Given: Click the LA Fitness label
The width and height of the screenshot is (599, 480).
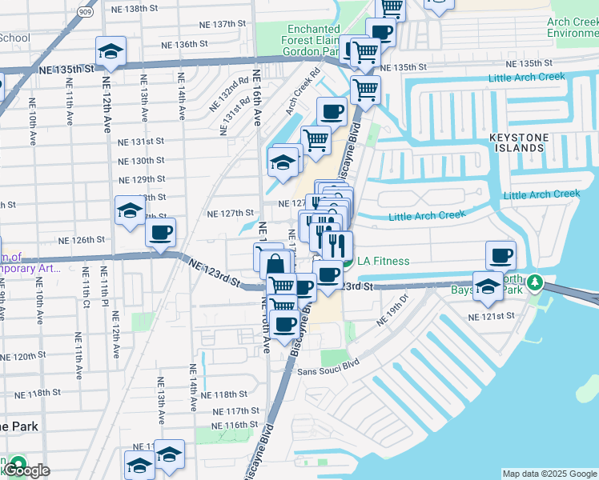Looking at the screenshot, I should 383,261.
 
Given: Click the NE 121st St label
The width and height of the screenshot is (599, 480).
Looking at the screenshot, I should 492,316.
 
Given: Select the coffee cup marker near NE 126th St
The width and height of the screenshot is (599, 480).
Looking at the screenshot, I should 160,233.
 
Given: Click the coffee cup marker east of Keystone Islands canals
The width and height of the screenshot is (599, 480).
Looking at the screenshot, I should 501,255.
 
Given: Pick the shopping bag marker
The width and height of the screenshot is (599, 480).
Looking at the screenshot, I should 275,263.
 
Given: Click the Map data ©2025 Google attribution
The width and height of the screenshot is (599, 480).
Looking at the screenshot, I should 549,474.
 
